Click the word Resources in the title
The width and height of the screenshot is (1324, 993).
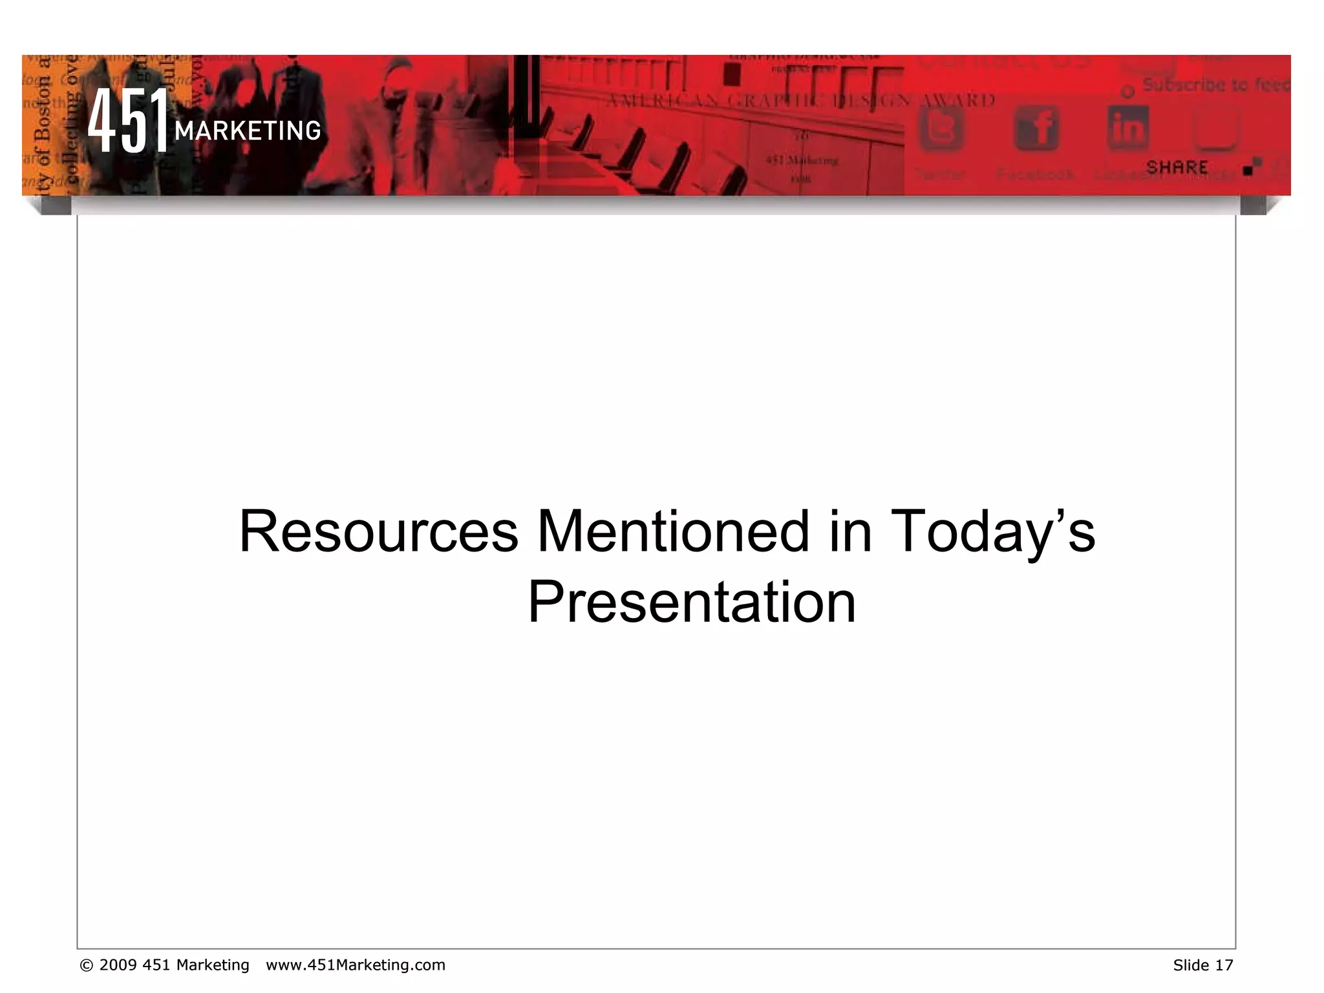[x=379, y=532]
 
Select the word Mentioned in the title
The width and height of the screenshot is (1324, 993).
[x=673, y=532]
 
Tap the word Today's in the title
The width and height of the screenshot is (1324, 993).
[x=992, y=532]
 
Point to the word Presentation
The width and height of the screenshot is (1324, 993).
[x=692, y=603]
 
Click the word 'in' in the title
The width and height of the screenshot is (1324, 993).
[x=850, y=532]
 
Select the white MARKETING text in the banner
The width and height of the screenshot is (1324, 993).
[x=248, y=131]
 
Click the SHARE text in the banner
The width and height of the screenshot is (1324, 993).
[x=1177, y=167]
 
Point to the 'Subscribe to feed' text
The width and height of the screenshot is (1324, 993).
[x=1215, y=85]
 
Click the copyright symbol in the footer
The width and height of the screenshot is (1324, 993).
[x=86, y=965]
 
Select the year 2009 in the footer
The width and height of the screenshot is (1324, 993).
[x=118, y=965]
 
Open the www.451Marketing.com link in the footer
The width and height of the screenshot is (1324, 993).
[x=356, y=965]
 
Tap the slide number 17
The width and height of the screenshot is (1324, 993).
[x=1224, y=965]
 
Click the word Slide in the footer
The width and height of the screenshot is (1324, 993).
[x=1191, y=965]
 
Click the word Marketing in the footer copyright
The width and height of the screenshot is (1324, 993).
[x=213, y=965]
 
